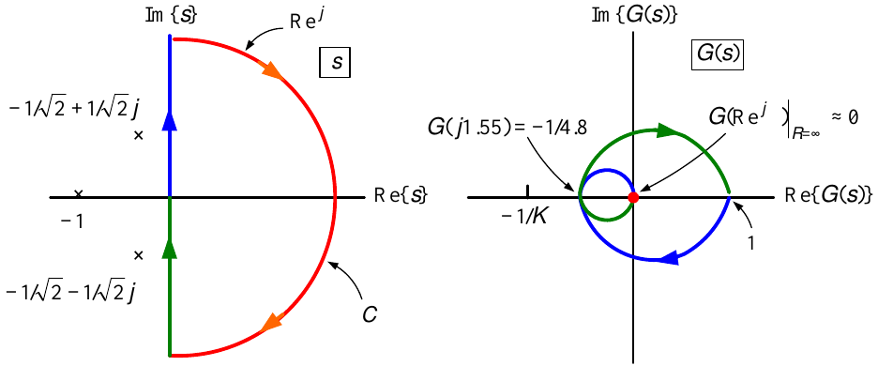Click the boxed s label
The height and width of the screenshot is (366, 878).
(334, 62)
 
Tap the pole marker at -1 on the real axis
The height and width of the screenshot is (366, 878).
(79, 194)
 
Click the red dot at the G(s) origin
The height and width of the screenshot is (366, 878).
(633, 197)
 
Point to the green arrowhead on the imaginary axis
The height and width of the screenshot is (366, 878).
(170, 249)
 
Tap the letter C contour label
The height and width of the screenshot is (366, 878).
(369, 315)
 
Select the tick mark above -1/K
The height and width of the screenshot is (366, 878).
(527, 191)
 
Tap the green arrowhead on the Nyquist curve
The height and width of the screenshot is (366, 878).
(667, 130)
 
